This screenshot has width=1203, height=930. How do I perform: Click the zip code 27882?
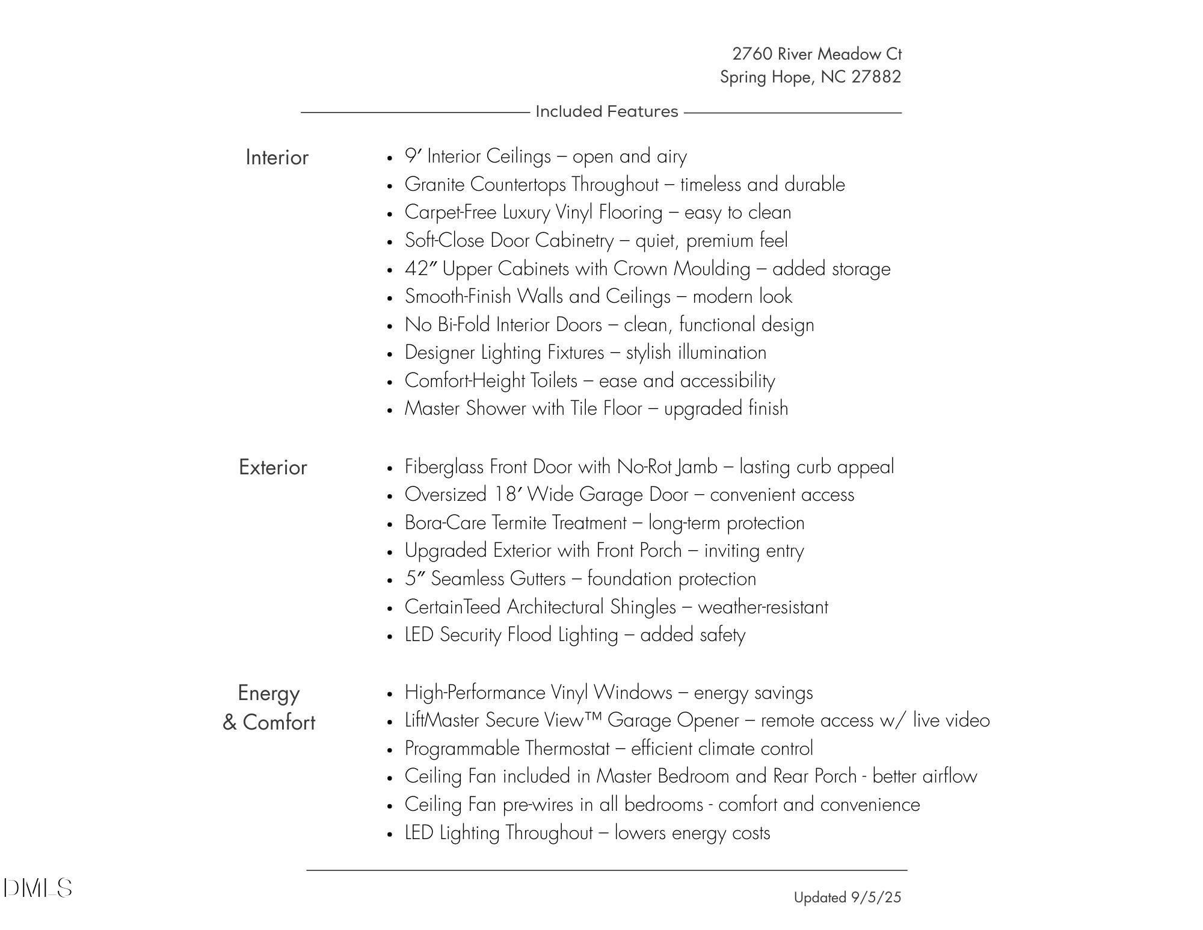point(876,77)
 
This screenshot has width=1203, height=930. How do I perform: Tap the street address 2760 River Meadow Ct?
point(816,54)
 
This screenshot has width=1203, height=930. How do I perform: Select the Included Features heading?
point(606,112)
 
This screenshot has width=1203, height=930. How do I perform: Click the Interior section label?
point(277,158)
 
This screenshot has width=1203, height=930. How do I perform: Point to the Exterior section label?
point(272,468)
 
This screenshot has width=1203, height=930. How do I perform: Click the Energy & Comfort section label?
point(269,708)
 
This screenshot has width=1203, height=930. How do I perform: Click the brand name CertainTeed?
point(452,607)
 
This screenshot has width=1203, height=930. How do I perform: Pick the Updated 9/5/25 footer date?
point(847,897)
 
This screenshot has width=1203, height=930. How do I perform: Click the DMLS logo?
point(37,888)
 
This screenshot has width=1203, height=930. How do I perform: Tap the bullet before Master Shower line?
point(390,410)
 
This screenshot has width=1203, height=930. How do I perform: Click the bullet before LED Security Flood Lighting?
point(390,636)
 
